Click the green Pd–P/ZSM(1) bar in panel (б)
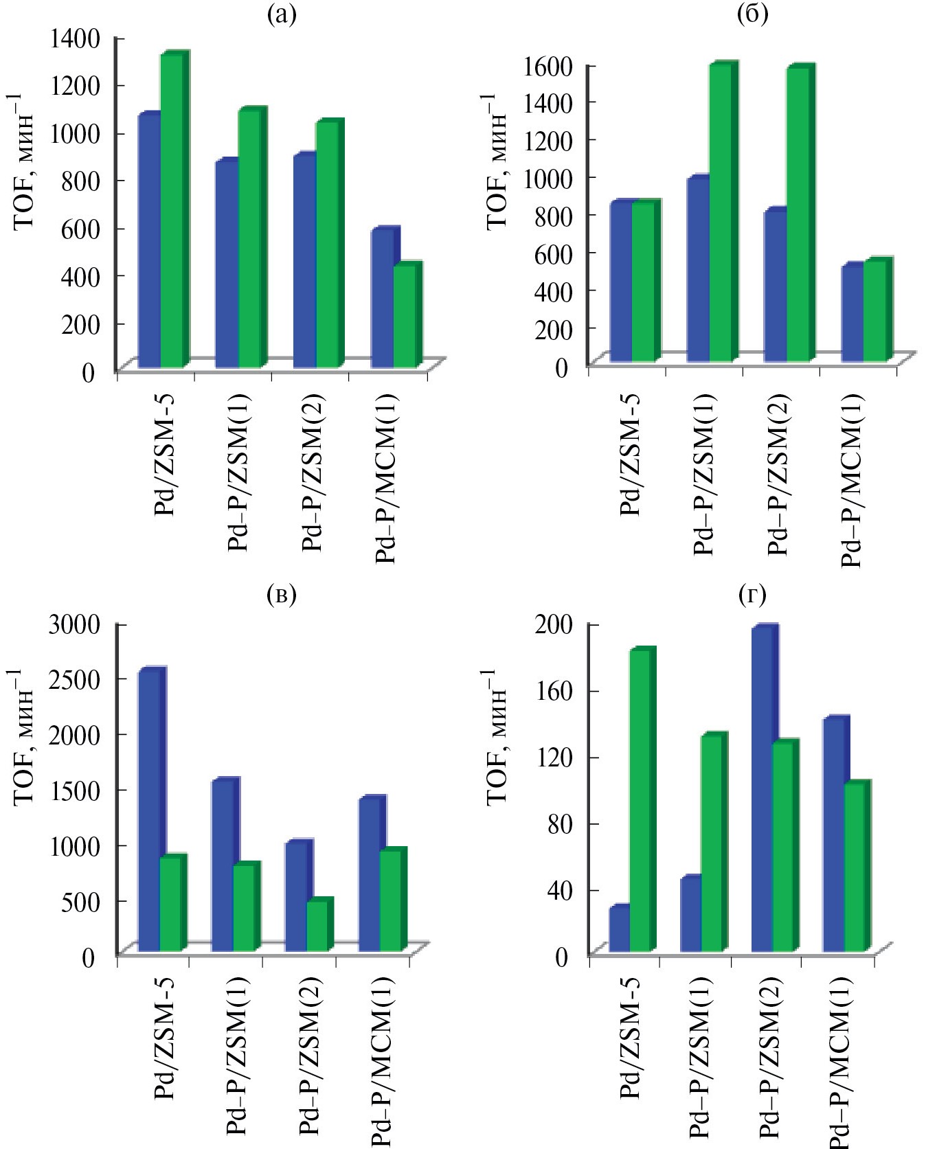tap(721, 213)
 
